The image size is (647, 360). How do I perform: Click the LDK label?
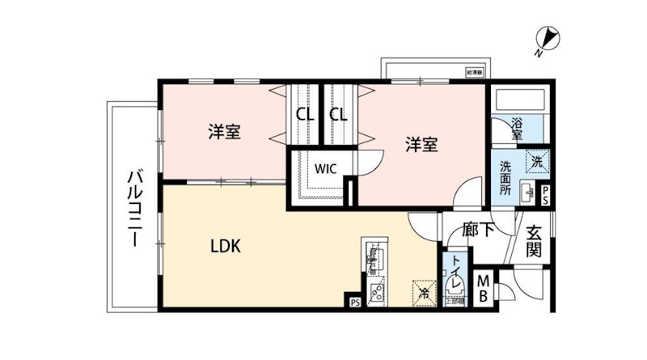227,245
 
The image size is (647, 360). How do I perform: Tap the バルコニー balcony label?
136,210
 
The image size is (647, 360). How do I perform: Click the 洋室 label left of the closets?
222,132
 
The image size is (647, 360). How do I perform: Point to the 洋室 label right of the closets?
421,144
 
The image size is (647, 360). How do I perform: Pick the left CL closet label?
305,114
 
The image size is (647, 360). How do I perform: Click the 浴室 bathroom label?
516,129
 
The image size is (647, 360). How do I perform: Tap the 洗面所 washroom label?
505,177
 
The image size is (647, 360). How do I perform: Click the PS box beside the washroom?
546,194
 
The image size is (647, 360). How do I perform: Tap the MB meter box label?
484,288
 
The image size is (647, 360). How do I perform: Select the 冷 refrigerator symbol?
422,291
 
